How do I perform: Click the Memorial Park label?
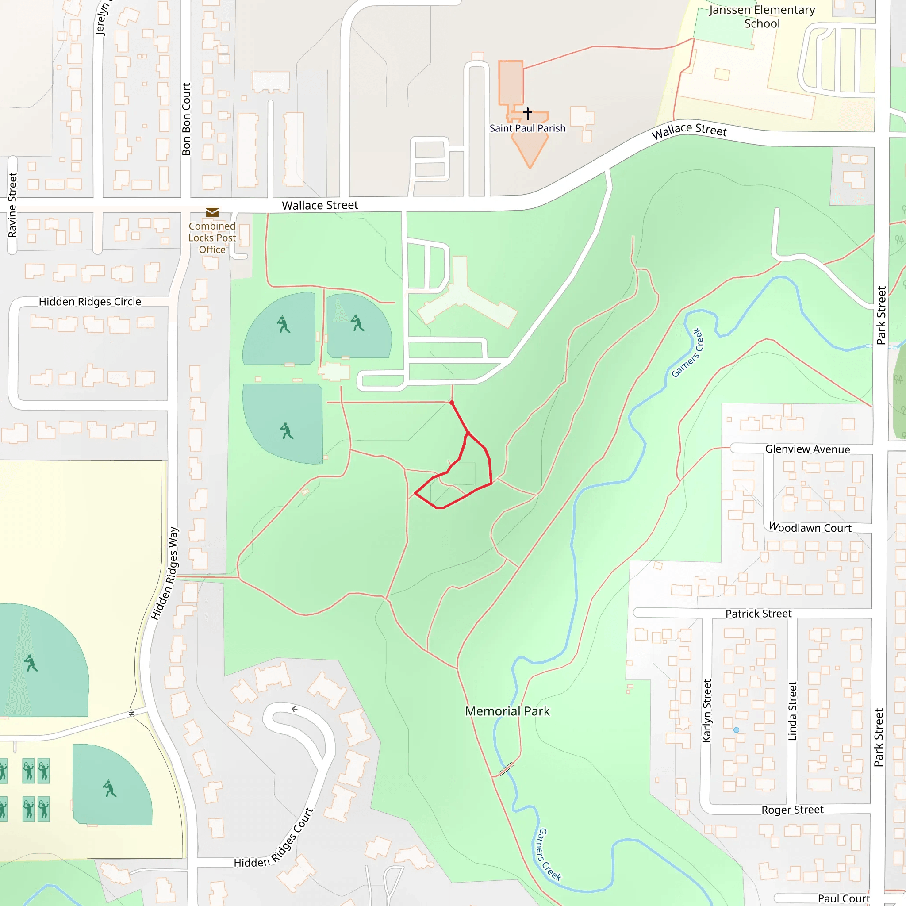507,711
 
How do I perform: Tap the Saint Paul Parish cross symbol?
528,113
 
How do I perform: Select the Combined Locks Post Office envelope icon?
212,212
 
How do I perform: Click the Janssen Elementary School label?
762,17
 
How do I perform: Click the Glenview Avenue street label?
807,449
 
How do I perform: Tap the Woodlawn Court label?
810,528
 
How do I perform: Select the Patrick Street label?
758,614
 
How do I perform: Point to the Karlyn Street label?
706,711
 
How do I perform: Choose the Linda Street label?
792,711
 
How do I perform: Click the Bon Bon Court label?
186,119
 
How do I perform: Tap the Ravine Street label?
13,205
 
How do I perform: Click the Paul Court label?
844,898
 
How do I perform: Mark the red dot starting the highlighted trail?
452,403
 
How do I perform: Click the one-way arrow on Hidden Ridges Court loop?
295,709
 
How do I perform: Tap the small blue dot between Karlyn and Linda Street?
736,730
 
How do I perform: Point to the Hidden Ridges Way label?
165,573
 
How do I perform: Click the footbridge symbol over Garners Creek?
506,770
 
